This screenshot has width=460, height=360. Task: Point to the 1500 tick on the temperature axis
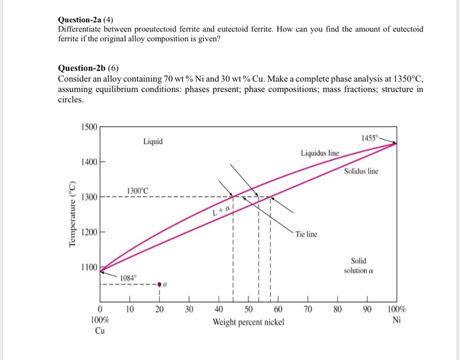coord(87,126)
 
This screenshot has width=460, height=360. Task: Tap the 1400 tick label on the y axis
coord(87,162)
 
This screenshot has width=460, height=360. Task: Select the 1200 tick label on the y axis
coord(87,233)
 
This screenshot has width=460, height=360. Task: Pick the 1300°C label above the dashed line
coord(137,191)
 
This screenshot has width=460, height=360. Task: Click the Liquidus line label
coord(320,153)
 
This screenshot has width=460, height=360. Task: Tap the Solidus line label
coord(361,171)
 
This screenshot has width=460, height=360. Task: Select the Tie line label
coord(306,234)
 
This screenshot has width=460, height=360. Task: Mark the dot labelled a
coord(158,284)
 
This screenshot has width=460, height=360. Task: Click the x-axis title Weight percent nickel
coord(248,323)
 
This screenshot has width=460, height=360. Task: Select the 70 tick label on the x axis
coord(308,309)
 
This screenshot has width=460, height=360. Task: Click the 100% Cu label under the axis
coord(100,325)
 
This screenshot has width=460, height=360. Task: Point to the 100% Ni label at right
coord(396,315)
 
